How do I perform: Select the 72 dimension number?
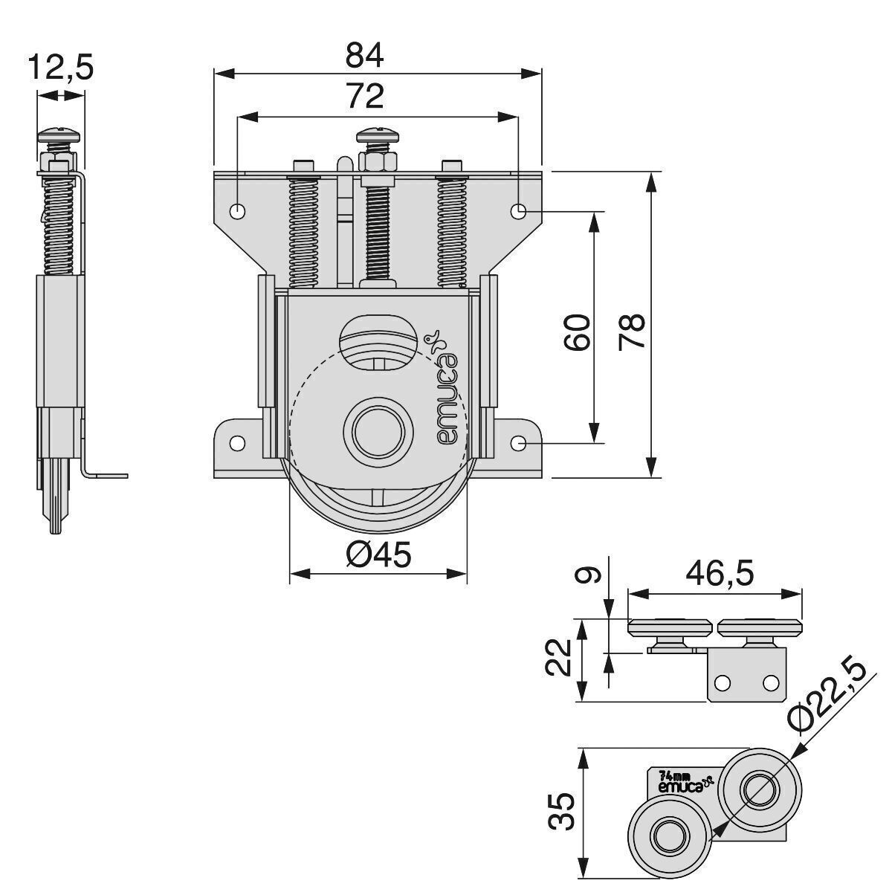click(363, 96)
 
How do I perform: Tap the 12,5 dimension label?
click(61, 68)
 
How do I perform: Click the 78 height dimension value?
click(633, 331)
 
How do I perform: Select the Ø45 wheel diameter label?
click(378, 555)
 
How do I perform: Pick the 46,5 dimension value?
click(720, 573)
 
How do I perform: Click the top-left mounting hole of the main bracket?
click(237, 211)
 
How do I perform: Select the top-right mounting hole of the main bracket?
click(519, 211)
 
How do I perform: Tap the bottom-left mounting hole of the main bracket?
click(237, 443)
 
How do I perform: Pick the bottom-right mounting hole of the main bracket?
click(519, 443)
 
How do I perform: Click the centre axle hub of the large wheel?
click(378, 431)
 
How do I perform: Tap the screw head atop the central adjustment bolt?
click(379, 136)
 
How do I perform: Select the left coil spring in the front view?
click(305, 230)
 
